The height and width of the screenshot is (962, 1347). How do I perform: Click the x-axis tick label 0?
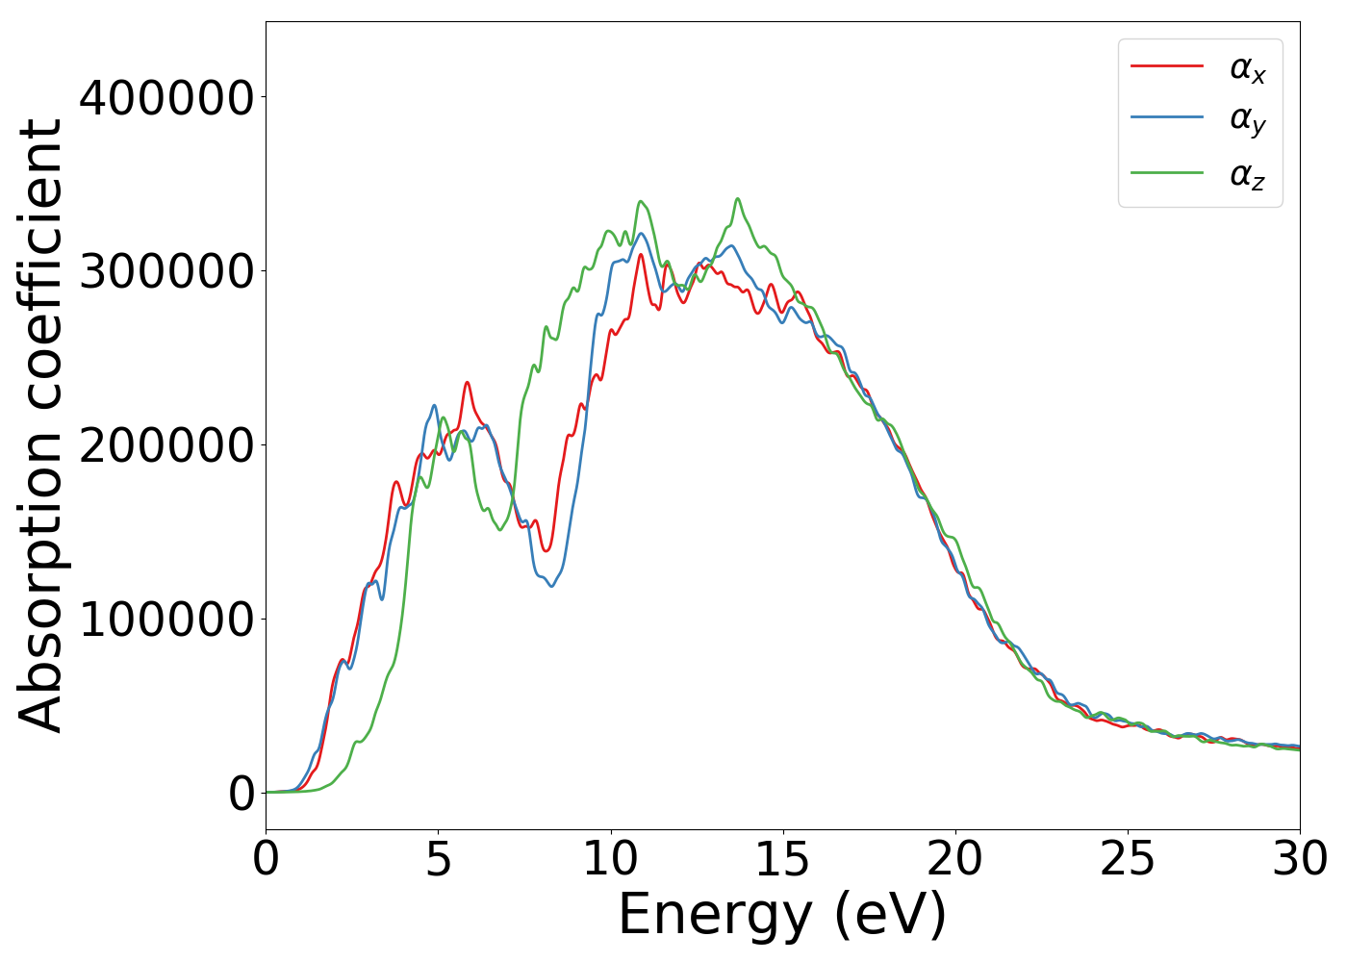click(x=267, y=859)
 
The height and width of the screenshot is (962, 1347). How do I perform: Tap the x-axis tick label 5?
click(x=438, y=859)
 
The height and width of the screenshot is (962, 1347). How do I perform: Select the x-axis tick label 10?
click(x=610, y=859)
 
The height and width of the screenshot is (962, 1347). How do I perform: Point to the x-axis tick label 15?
click(x=782, y=859)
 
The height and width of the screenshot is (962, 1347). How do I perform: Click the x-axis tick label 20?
click(x=954, y=859)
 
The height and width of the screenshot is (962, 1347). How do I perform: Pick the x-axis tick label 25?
click(x=1127, y=859)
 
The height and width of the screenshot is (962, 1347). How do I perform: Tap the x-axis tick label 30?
click(x=1299, y=859)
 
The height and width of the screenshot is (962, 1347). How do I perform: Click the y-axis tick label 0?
click(x=241, y=794)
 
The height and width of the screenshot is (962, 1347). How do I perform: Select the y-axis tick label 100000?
click(x=166, y=620)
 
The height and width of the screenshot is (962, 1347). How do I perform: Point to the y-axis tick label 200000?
click(x=166, y=445)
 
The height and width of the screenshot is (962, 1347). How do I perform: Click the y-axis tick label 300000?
click(x=166, y=272)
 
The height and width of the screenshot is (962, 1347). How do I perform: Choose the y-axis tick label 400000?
click(x=166, y=98)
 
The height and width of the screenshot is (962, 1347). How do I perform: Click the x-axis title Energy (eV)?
click(x=782, y=915)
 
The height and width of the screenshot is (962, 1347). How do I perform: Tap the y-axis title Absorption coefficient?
click(x=40, y=425)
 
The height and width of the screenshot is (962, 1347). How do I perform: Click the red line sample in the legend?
click(x=1166, y=66)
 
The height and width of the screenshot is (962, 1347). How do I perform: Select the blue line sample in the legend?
click(x=1166, y=117)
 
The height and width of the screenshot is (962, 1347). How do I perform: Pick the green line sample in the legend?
click(x=1166, y=173)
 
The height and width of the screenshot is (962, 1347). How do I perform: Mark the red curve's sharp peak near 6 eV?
click(x=468, y=383)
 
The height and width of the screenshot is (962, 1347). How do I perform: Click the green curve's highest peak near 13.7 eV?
click(x=738, y=199)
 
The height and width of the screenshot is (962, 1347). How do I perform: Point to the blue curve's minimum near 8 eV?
click(x=551, y=586)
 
